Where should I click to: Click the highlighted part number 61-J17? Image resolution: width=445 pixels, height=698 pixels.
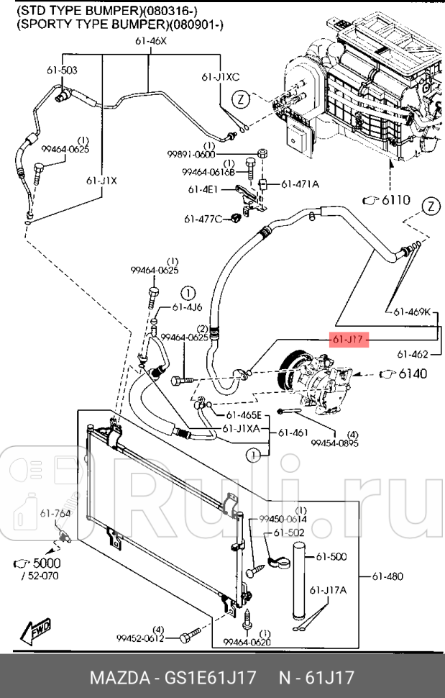pyautogui.click(x=349, y=339)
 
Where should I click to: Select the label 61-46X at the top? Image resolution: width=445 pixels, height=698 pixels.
pyautogui.click(x=150, y=41)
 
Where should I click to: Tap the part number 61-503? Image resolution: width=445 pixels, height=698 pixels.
pyautogui.click(x=63, y=70)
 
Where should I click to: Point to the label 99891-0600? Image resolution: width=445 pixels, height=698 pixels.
pyautogui.click(x=191, y=155)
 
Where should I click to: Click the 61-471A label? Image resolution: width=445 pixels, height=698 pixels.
pyautogui.click(x=299, y=184)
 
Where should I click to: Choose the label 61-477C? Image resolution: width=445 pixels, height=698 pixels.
pyautogui.click(x=203, y=219)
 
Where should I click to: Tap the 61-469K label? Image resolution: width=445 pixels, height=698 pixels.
pyautogui.click(x=411, y=312)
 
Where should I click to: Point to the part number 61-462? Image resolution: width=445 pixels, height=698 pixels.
pyautogui.click(x=413, y=354)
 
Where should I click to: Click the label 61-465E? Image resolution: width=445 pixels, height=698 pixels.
pyautogui.click(x=244, y=415)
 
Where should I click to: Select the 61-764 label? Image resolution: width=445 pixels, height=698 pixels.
pyautogui.click(x=55, y=513)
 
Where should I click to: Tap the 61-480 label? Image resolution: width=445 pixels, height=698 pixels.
pyautogui.click(x=387, y=576)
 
